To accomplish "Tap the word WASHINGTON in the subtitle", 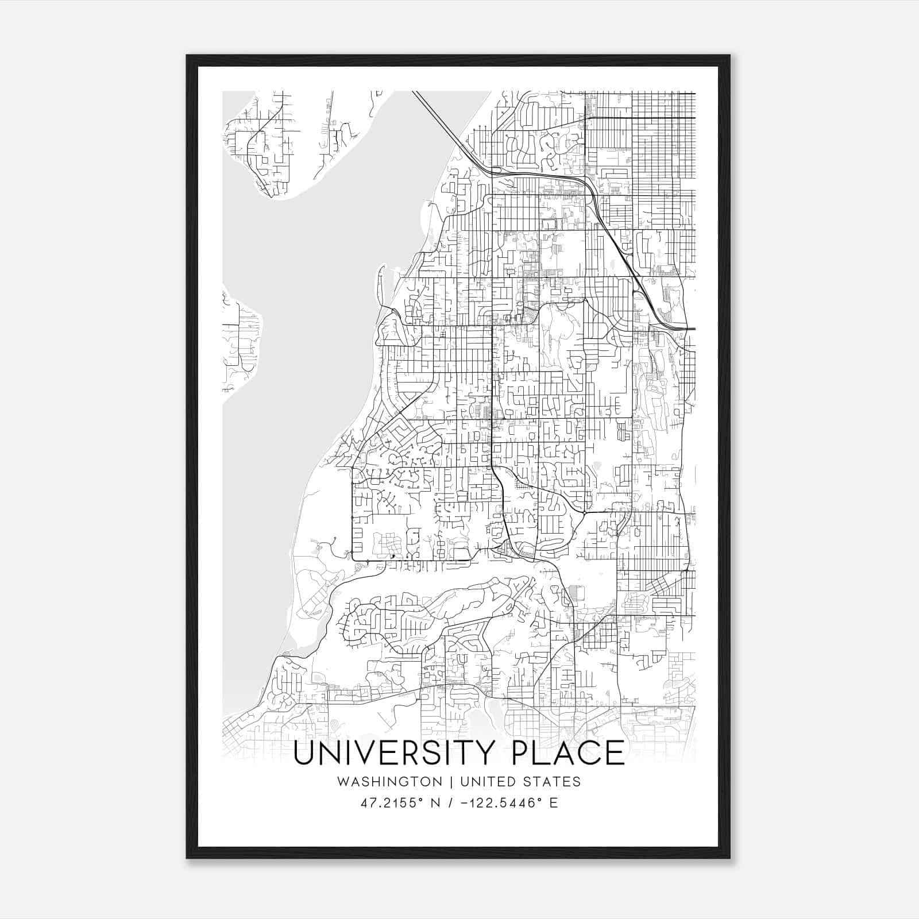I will [x=390, y=782].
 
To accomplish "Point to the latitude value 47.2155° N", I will [x=400, y=803].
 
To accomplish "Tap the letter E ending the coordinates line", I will [x=554, y=803].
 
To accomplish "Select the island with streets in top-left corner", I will [x=261, y=144].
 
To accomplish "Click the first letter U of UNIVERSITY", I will [x=304, y=753].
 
